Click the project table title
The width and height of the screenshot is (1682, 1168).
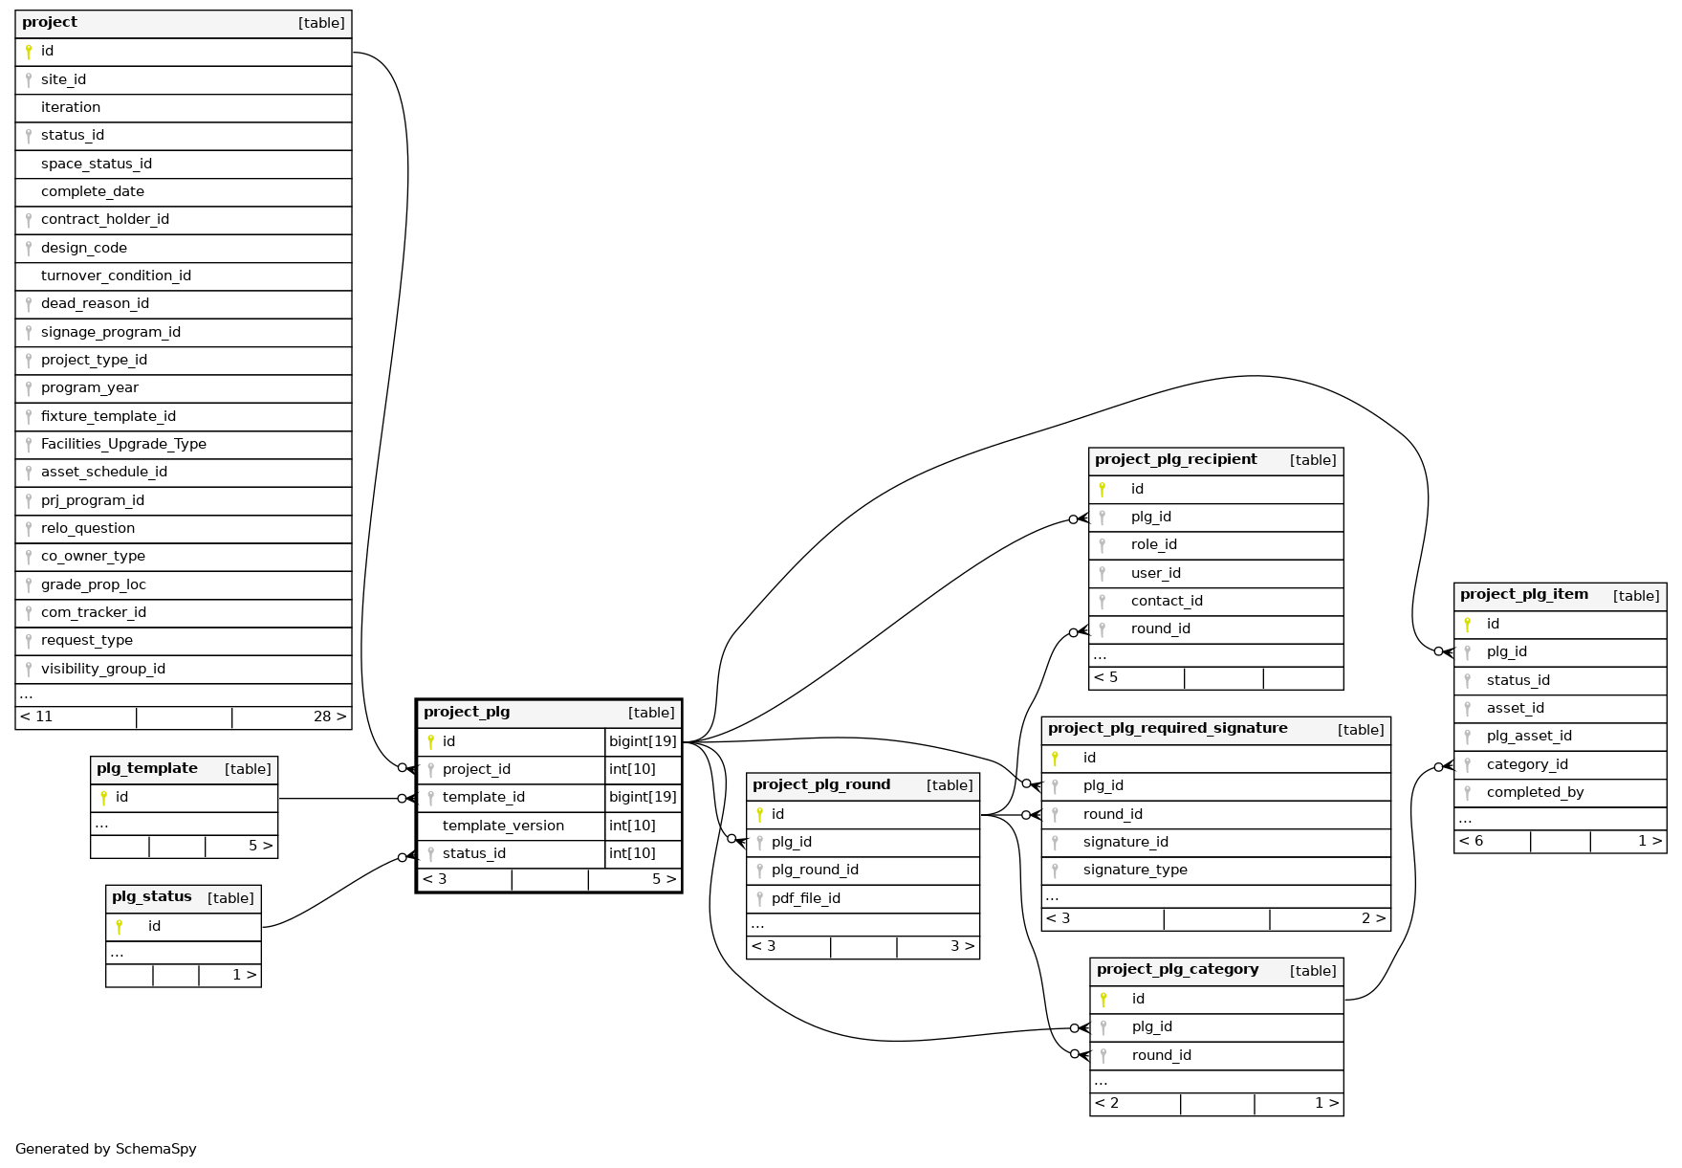point(50,23)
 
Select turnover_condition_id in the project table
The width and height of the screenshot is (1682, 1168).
point(116,275)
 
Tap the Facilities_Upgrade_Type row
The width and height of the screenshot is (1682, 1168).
point(123,444)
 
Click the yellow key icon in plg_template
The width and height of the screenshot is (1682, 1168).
point(103,798)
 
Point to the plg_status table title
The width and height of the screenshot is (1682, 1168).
point(151,897)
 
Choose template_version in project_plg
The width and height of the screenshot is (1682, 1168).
point(503,826)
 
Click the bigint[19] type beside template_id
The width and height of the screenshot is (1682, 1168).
point(643,797)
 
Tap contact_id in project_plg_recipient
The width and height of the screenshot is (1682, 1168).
point(1167,601)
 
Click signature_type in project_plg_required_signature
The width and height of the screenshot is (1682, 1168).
point(1135,870)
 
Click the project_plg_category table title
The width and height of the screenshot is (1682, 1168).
point(1177,970)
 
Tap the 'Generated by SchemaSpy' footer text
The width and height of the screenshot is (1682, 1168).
point(106,1149)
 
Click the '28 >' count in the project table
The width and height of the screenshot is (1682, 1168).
point(330,716)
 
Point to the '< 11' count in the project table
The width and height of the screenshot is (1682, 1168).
point(36,716)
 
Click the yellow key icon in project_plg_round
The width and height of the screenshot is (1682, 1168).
point(759,815)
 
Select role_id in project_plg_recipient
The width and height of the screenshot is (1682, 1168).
point(1153,544)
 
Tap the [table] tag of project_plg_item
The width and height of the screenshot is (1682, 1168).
point(1636,596)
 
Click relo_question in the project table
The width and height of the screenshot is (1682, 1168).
point(88,528)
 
